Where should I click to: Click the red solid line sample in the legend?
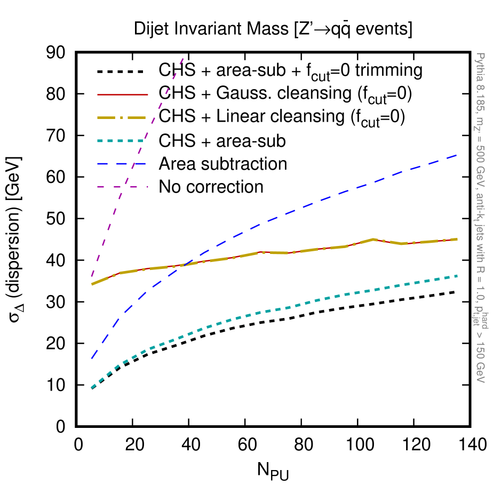tap(122, 94)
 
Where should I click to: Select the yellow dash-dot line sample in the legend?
tap(122, 117)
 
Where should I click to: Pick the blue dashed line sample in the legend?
tap(122, 164)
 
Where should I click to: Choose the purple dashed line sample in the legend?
tap(122, 187)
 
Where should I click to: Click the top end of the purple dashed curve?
tap(183, 58)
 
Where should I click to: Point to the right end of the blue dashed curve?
tap(457, 155)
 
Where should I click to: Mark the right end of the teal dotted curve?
tap(457, 276)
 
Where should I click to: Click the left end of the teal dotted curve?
tap(92, 388)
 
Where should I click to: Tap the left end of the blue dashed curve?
tap(92, 358)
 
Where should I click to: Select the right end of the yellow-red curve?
tap(457, 239)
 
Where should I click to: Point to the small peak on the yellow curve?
tap(373, 239)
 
